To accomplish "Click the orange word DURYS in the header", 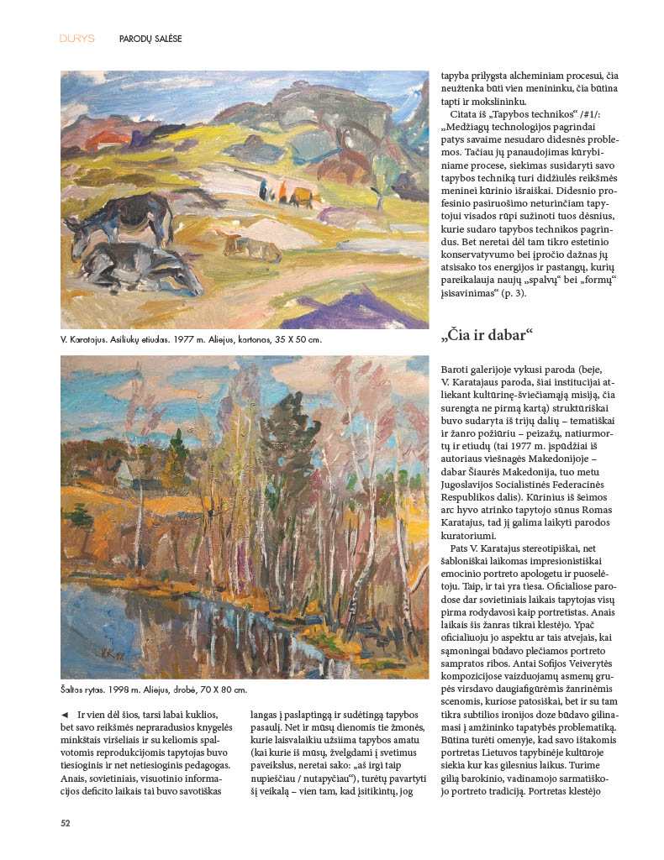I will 76,39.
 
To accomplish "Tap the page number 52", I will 65,823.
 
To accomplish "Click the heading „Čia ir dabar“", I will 487,336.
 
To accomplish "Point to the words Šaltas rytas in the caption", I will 87,690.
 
